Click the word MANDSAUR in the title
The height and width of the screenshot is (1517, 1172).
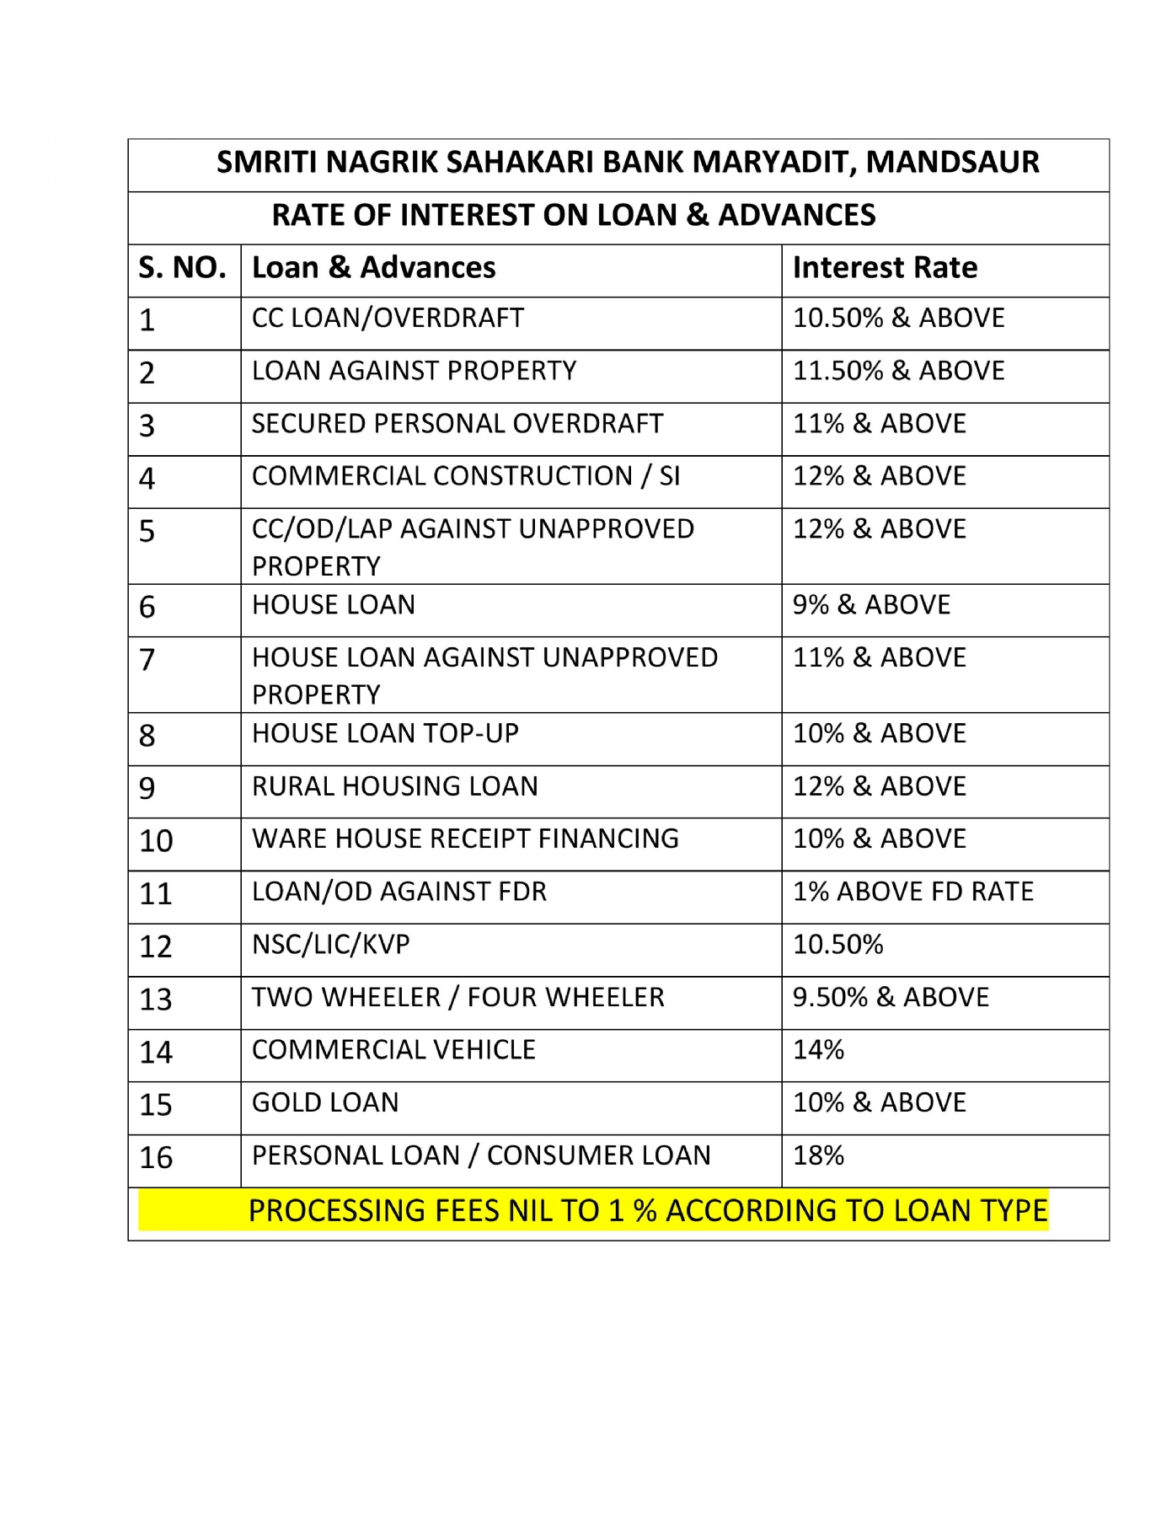tap(952, 162)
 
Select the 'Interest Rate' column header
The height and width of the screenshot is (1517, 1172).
tap(885, 268)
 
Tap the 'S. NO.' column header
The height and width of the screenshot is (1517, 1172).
tap(182, 268)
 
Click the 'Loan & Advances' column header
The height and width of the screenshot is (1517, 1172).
tap(373, 268)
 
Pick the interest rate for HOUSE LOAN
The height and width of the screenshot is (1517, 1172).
tap(871, 605)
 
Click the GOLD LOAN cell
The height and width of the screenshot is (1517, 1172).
tap(325, 1102)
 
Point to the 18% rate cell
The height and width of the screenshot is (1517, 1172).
tap(818, 1155)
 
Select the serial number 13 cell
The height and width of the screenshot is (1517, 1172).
tap(156, 1000)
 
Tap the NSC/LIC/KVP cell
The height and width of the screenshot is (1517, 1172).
tap(330, 945)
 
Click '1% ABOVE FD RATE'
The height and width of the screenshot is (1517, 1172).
tap(912, 892)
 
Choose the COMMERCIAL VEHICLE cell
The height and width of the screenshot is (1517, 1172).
tap(393, 1050)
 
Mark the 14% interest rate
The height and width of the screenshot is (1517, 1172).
tap(818, 1050)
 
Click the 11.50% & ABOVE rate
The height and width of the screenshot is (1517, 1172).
tap(898, 371)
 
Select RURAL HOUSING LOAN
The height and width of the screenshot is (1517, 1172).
tap(394, 786)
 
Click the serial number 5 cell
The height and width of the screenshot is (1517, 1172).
tap(147, 532)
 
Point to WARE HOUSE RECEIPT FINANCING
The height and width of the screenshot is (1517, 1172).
tap(465, 839)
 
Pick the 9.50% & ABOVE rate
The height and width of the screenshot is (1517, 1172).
tap(891, 997)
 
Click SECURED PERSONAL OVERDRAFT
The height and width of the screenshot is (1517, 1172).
tap(458, 424)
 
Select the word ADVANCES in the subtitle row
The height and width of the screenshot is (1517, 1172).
tap(796, 216)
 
